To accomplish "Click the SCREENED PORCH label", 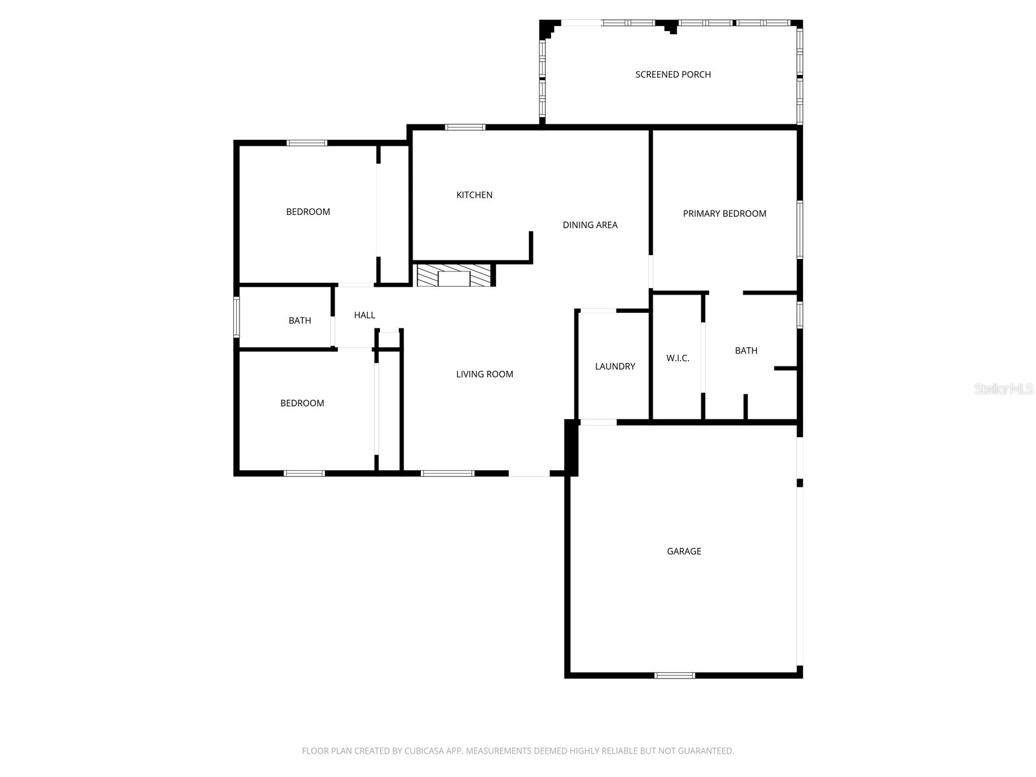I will [673, 74].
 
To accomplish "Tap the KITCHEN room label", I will [474, 195].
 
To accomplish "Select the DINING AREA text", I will [590, 225].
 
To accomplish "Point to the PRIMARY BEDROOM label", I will [724, 214].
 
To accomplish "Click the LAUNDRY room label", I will [614, 366].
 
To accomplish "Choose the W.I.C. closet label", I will [677, 358].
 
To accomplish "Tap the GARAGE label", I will [684, 552].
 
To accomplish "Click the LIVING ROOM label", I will [484, 374].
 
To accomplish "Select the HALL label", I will [365, 315].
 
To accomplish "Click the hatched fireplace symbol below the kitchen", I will [453, 276].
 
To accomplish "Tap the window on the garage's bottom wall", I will [674, 675].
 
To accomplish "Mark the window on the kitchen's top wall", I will [465, 128].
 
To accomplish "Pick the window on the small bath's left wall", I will [236, 317].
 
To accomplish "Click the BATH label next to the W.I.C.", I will [746, 351].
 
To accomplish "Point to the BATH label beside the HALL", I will [300, 321].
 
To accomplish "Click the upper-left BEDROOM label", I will [308, 212].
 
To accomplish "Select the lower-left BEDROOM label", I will [302, 403].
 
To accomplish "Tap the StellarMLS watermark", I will [1004, 389].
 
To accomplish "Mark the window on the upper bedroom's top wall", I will [307, 143].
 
